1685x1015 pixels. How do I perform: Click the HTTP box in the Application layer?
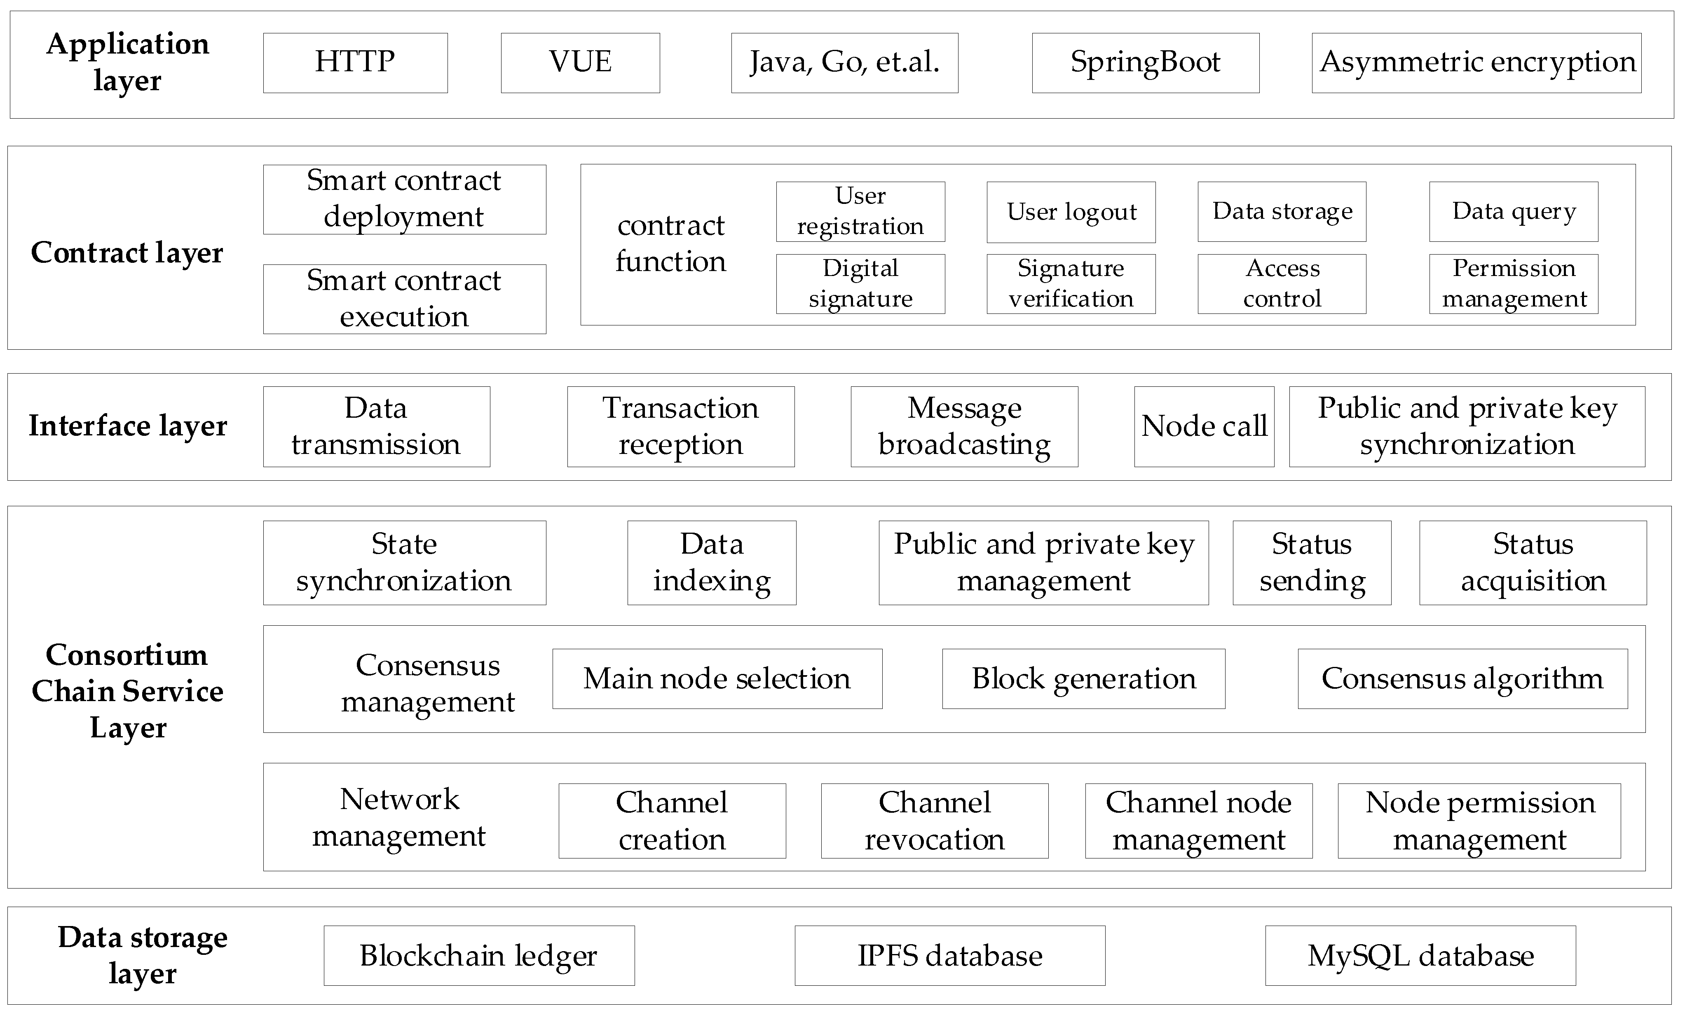(355, 62)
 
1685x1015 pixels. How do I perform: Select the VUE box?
(580, 62)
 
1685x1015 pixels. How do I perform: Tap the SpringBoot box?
(1146, 62)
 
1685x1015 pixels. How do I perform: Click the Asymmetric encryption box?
(1476, 62)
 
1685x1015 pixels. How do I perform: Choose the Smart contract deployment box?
(404, 199)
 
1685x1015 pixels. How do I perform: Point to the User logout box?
(1071, 212)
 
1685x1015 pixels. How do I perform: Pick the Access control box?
(1282, 284)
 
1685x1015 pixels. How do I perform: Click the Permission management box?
(1513, 284)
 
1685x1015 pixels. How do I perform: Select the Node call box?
(1204, 426)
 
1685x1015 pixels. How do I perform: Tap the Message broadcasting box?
(964, 426)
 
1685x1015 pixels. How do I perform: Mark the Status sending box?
(1312, 563)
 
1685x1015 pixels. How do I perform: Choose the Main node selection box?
(717, 679)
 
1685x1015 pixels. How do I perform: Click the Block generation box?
(1083, 679)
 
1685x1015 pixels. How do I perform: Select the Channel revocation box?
(934, 820)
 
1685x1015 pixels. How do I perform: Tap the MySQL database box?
(1420, 956)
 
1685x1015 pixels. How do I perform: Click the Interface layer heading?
(128, 426)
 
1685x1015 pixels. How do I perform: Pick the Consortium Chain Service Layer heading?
(127, 691)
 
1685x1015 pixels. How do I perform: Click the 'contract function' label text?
(670, 243)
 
